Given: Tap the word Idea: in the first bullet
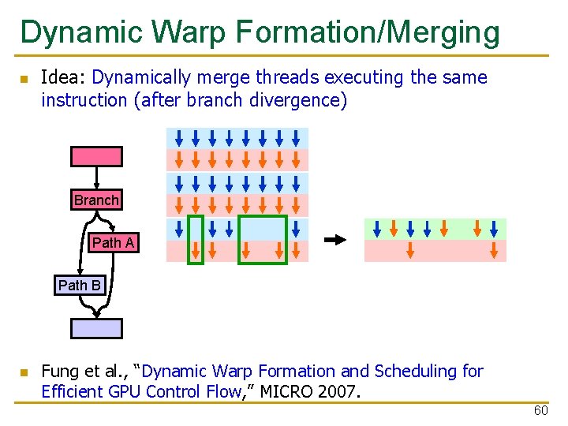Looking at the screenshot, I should tap(64, 77).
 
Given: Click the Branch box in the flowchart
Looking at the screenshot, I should tap(96, 200).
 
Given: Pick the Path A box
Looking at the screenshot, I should tap(114, 243).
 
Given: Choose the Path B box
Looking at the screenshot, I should tap(80, 285).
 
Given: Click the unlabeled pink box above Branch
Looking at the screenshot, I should tap(96, 156).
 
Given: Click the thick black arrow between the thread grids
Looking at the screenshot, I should tap(335, 240).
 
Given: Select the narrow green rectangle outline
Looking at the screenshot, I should tap(195, 239).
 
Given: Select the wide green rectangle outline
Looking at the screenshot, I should tap(262, 239).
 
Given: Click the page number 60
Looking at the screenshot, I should tap(540, 411).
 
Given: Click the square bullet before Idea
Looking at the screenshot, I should tap(24, 79).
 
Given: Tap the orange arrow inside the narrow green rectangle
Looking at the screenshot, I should tap(195, 251).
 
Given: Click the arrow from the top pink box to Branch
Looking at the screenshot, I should tap(96, 178).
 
